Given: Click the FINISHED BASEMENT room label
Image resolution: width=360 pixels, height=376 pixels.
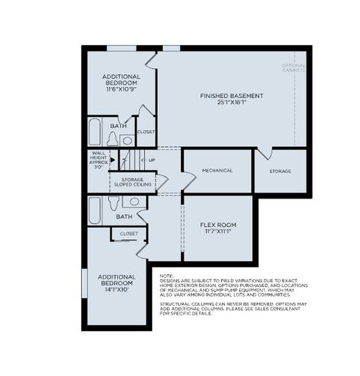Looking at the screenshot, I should (231, 96).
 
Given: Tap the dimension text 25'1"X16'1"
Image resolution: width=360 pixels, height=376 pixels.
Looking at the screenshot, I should (231, 103).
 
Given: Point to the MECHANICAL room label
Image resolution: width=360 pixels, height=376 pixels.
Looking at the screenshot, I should (217, 171).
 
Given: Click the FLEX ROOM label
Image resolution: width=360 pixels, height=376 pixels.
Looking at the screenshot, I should (217, 225).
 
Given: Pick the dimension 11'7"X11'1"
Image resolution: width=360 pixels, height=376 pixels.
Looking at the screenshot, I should (217, 232).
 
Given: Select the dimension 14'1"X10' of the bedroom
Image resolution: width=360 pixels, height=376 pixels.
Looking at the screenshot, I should (115, 290).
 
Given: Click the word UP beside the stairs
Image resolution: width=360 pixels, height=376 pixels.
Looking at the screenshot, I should (151, 160).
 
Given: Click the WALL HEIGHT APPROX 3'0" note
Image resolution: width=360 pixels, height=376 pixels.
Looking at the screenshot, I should (97, 161).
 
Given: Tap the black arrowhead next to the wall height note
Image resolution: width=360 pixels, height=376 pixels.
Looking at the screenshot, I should (112, 160).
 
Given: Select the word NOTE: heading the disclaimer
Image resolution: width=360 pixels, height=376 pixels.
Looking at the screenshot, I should (166, 276).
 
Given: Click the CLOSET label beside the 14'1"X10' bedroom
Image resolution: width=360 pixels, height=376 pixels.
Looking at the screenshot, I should (129, 234).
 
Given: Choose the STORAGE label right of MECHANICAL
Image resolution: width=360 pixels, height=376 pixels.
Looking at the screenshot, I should (280, 172).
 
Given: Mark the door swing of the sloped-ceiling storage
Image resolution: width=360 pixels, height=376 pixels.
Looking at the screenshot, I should (162, 182).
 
